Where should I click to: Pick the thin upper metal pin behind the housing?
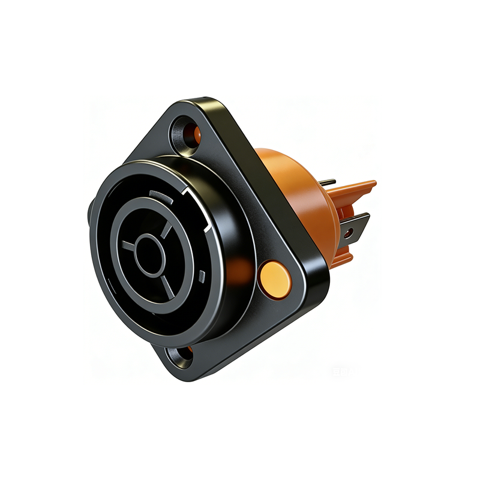tap(328, 182)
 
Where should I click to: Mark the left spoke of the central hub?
tap(128, 245)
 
